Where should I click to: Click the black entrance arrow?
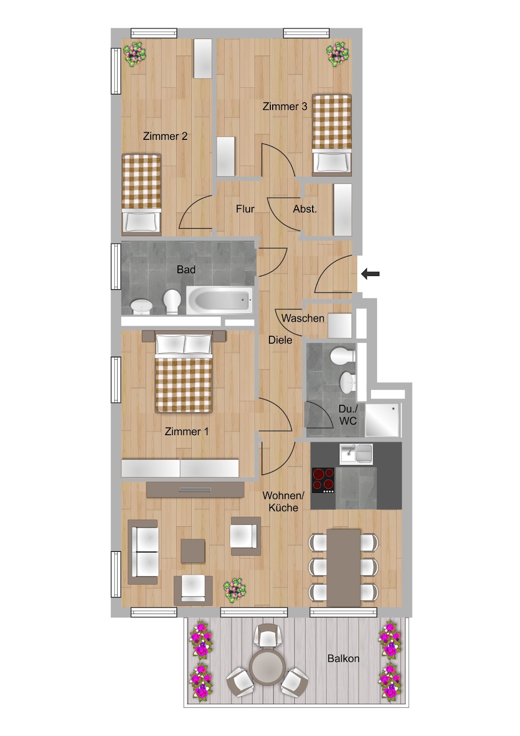point(370,274)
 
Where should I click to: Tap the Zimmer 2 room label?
point(165,136)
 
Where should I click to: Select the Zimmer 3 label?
point(285,106)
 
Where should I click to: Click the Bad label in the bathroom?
point(186,270)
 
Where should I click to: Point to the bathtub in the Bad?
point(220,300)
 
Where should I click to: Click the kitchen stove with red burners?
point(323,480)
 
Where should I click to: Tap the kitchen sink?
point(356,454)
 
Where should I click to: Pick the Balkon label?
point(343,658)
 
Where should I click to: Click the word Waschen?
point(303,318)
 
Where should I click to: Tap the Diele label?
point(280,340)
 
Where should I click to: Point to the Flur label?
point(245,209)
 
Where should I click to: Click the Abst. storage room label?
point(305,209)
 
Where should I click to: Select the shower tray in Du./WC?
point(383,420)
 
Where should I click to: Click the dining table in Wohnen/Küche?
point(343,568)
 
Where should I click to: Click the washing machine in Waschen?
point(340,326)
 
